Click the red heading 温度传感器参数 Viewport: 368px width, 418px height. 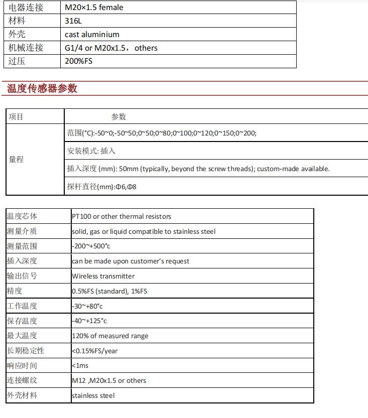(x=42, y=89)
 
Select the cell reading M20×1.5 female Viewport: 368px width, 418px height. (x=94, y=8)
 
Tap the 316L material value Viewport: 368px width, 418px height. (x=73, y=21)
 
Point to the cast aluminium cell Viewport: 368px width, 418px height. (x=92, y=35)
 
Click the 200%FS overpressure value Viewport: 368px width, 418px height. (x=79, y=61)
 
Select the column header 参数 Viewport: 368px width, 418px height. (x=118, y=117)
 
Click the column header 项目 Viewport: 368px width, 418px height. (x=16, y=117)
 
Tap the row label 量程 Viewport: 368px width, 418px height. (x=16, y=160)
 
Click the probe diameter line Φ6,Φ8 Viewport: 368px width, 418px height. (x=102, y=187)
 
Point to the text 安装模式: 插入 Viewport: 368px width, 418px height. (x=91, y=151)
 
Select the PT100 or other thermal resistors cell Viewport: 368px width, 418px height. (x=121, y=216)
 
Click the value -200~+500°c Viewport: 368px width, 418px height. (x=91, y=246)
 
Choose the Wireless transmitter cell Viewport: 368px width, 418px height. (x=103, y=276)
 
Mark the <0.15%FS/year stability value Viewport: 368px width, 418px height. (x=94, y=351)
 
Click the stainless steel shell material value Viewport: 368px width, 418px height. (x=93, y=395)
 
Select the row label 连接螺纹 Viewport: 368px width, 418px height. (x=22, y=380)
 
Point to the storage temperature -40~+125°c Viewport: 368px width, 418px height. (x=89, y=321)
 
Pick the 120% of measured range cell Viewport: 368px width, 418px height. (x=110, y=336)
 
